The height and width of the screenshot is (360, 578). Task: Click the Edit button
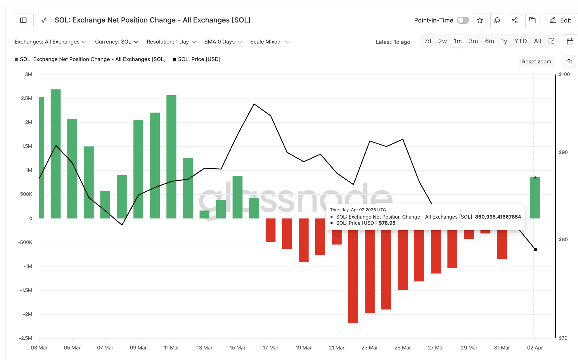click(x=560, y=20)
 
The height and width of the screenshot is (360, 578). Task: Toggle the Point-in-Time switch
click(x=463, y=20)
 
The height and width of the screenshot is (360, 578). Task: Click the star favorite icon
click(x=480, y=20)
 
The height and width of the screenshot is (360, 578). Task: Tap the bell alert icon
click(x=497, y=20)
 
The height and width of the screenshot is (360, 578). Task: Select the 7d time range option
click(x=428, y=41)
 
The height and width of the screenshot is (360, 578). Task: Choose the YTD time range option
click(x=520, y=41)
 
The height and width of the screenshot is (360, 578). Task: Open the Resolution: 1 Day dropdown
click(x=171, y=42)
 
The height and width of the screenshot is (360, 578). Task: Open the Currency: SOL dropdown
click(x=117, y=42)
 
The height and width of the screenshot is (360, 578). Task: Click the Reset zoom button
click(x=537, y=62)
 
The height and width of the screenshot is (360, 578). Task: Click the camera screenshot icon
click(x=569, y=62)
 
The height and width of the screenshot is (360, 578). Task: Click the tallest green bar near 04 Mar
click(x=56, y=154)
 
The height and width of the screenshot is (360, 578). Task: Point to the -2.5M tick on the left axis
click(x=25, y=338)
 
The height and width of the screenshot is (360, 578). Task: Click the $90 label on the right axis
click(x=563, y=152)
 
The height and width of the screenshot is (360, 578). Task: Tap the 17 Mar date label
click(x=270, y=348)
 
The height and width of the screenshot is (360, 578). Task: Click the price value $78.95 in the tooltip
click(x=387, y=223)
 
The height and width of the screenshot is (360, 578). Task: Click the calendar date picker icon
click(x=570, y=41)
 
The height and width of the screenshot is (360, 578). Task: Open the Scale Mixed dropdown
click(x=270, y=42)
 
